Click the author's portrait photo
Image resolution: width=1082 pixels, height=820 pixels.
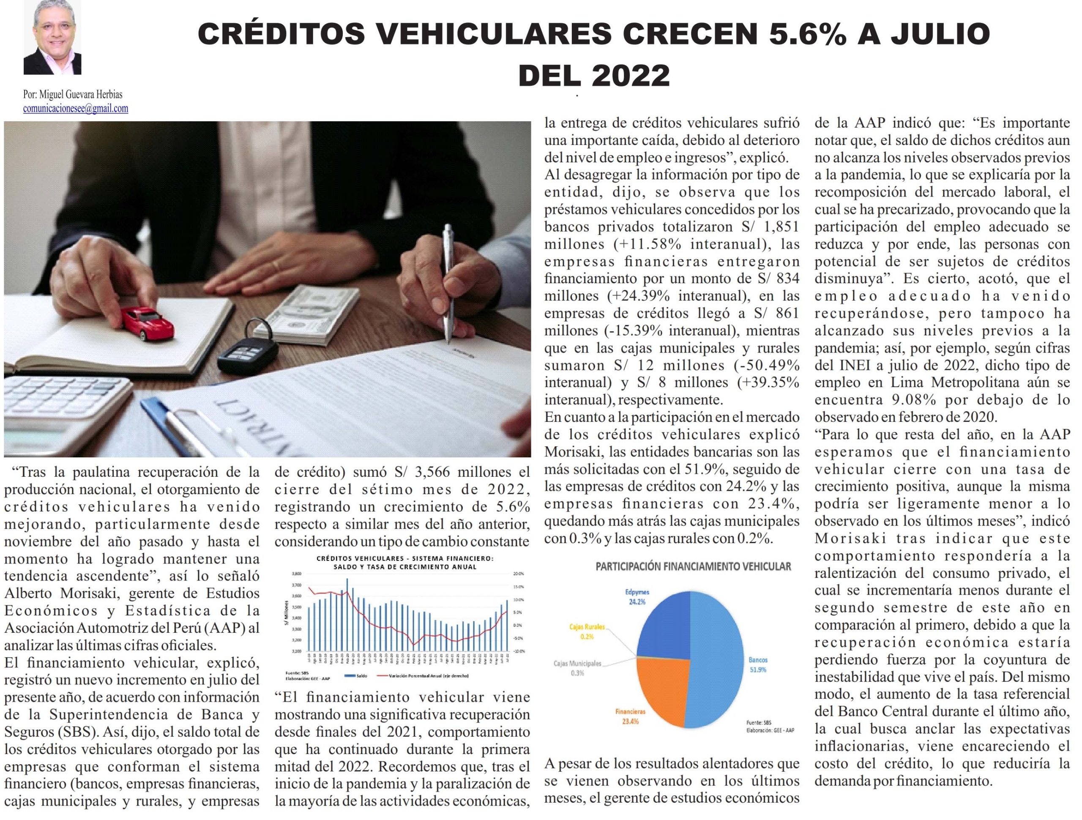click(x=52, y=37)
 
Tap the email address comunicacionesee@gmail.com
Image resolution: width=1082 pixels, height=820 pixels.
click(x=75, y=109)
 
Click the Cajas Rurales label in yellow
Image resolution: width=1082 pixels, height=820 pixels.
click(x=587, y=627)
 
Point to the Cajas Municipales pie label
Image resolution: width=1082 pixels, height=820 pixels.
click(x=577, y=664)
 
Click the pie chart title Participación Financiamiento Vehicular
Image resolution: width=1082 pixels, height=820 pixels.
click(x=693, y=566)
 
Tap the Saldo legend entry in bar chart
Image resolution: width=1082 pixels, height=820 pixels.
click(x=362, y=676)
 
